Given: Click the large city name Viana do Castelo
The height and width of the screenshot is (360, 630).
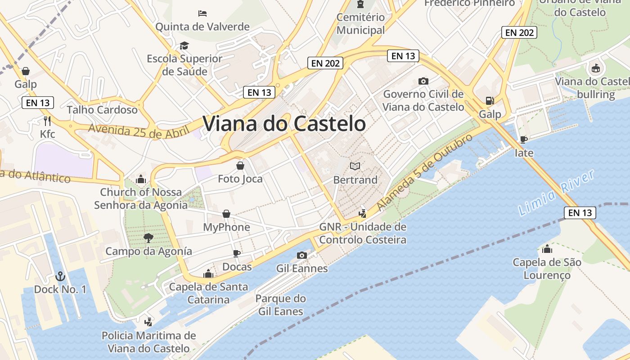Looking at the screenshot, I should (284, 124).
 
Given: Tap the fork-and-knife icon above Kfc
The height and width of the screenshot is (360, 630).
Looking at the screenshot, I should (47, 121).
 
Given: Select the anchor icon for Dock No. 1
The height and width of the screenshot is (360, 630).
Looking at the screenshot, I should (60, 276).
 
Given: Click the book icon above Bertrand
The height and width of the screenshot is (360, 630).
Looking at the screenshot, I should (355, 166).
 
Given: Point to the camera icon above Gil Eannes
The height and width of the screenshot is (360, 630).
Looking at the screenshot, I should (302, 256).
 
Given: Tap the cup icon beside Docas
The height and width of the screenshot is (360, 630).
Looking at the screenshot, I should (237, 254).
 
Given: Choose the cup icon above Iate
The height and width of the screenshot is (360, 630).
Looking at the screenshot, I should (523, 139).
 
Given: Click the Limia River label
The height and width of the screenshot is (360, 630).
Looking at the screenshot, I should (557, 193).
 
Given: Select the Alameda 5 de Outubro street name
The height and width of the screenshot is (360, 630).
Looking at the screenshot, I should (425, 172).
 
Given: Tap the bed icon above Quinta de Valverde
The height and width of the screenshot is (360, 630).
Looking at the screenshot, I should (202, 13).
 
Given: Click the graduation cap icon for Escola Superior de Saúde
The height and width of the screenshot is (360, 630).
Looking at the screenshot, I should (184, 45).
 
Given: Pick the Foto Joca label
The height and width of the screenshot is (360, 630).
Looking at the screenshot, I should (240, 179).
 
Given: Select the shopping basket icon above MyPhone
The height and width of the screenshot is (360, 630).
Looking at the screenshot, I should (226, 214).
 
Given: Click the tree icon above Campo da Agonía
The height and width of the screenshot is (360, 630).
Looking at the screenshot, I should (148, 238).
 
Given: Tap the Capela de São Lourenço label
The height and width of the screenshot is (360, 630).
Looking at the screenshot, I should (547, 269).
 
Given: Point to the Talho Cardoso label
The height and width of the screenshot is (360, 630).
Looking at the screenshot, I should (102, 110).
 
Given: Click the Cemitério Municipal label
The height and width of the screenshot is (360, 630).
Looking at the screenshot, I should (360, 24).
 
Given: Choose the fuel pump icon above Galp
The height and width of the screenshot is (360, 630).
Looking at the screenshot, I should (489, 101).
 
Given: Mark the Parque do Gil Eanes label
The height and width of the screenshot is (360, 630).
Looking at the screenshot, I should (280, 305).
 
